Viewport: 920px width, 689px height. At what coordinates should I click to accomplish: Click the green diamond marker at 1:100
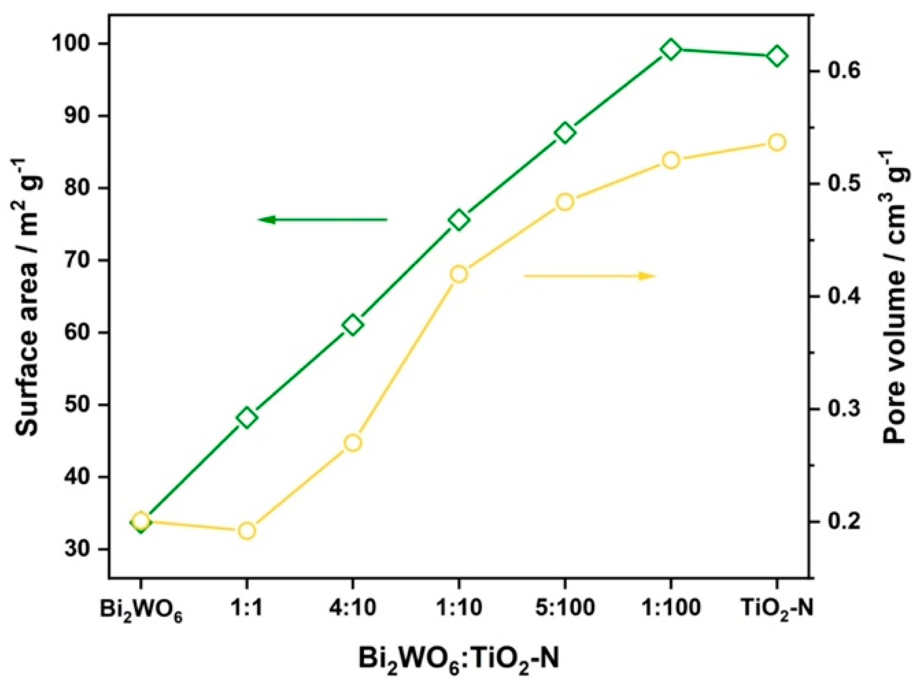point(671,50)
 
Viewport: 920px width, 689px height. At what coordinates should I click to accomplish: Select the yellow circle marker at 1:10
point(459,274)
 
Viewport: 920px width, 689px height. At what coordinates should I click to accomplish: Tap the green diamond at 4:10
point(353,325)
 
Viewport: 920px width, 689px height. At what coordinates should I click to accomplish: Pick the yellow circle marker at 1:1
point(247,531)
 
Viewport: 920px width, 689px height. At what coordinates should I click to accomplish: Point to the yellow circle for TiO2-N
point(777,142)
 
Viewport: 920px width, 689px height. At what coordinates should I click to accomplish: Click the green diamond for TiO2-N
point(777,56)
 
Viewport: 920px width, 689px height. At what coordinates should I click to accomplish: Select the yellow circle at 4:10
point(353,443)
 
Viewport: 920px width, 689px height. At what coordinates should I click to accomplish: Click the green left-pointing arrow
point(322,220)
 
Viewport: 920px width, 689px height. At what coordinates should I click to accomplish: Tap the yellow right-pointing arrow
point(589,276)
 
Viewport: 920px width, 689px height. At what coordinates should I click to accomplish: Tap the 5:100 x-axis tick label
point(565,609)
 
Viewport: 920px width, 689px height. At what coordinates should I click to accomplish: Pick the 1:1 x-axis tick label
point(247,609)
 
